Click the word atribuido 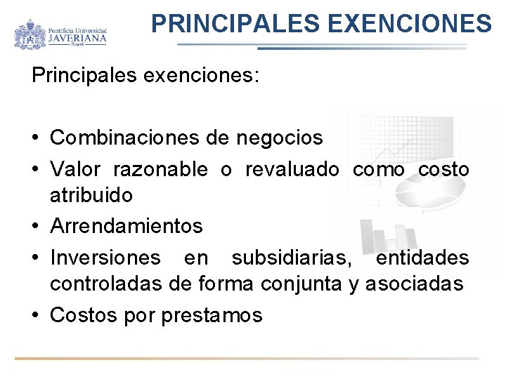click(x=91, y=195)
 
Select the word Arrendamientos click(x=126, y=226)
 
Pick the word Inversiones click(x=105, y=258)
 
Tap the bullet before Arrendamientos click(x=36, y=227)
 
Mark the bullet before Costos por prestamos click(x=36, y=315)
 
